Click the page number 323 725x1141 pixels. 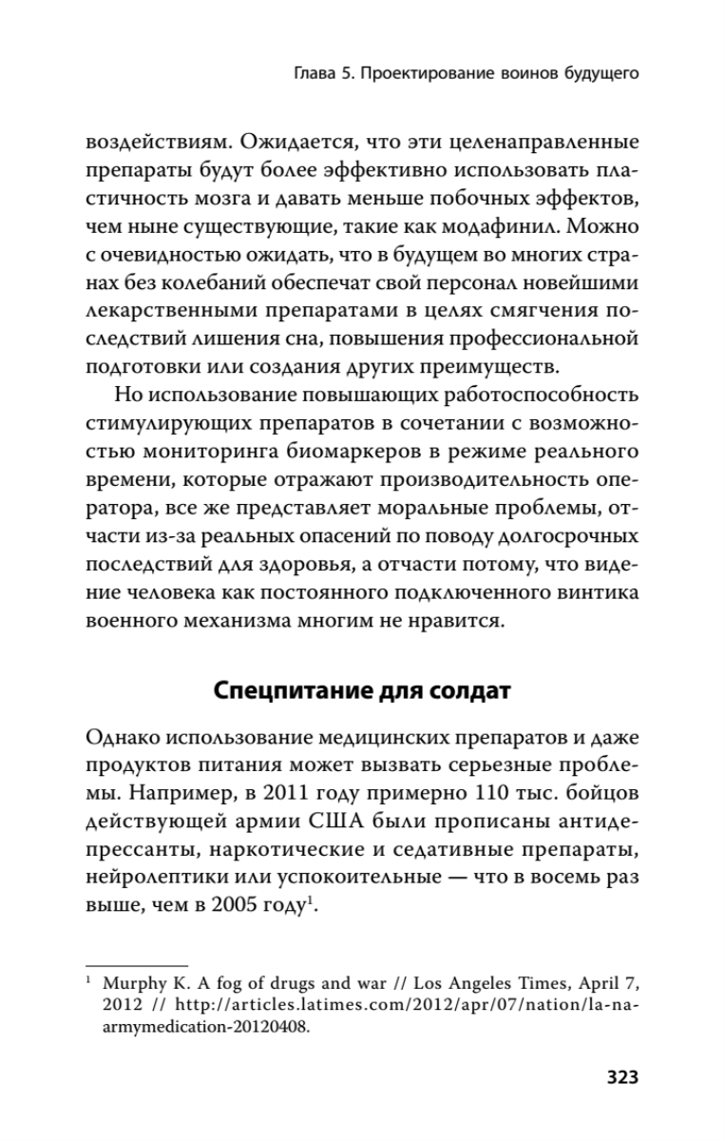(x=615, y=1077)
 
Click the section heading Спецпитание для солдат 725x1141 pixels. (x=362, y=690)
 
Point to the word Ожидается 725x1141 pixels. (x=285, y=145)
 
